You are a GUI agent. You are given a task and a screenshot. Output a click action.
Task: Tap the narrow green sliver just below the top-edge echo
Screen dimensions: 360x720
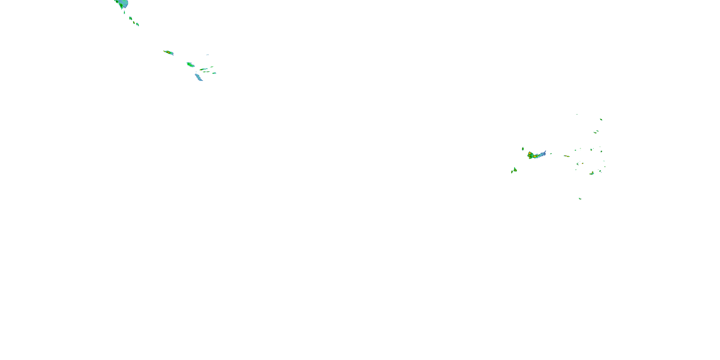[x=124, y=12]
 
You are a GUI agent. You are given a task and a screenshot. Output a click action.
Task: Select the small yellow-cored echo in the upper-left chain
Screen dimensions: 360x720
[x=134, y=22]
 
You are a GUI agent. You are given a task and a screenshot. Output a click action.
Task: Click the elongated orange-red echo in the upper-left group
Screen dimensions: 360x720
[x=168, y=52]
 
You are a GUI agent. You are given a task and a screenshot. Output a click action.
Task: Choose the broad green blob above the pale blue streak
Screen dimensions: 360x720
[x=190, y=65]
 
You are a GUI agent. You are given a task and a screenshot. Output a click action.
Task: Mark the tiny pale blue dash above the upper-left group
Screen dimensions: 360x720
[x=207, y=55]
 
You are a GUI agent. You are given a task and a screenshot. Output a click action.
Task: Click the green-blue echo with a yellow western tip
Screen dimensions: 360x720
[x=204, y=69]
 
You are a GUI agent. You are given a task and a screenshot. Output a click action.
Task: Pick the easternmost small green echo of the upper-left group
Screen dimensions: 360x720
[x=214, y=73]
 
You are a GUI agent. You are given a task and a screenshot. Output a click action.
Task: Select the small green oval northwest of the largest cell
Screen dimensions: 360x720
[x=523, y=149]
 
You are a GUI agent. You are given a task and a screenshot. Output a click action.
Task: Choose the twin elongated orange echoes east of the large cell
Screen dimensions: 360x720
[x=567, y=156]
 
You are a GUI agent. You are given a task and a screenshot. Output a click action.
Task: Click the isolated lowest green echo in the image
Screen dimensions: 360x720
[x=580, y=199]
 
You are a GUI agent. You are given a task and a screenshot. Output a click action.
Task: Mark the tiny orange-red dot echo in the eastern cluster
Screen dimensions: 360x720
[x=582, y=163]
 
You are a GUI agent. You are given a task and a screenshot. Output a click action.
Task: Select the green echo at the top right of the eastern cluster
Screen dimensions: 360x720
[x=601, y=119]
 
